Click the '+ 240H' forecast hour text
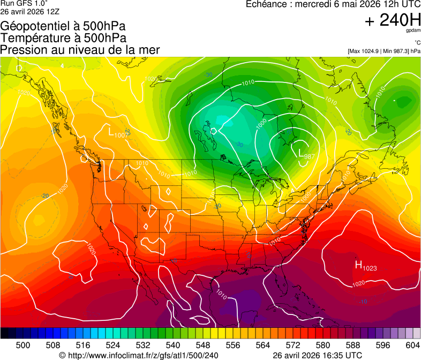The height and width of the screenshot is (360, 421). (393, 20)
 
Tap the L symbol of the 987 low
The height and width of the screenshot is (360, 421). (300, 153)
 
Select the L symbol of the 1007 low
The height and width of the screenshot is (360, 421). (111, 131)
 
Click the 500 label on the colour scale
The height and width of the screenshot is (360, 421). (23, 345)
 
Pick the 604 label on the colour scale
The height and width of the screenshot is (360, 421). (413, 345)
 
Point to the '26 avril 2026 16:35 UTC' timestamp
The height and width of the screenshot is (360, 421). (317, 355)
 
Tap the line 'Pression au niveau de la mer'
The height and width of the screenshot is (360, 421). (80, 50)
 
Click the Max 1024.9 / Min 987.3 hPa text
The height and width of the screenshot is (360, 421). (384, 51)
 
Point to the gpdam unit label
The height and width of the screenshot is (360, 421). (413, 32)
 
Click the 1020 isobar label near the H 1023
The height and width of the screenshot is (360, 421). (359, 283)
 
